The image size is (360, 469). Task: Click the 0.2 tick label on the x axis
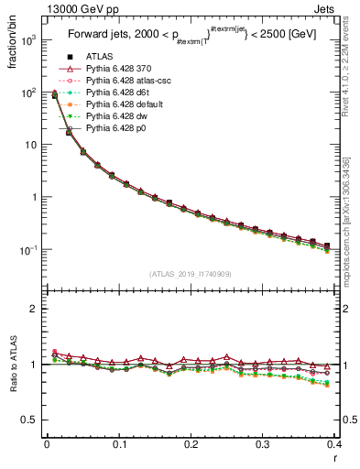click(x=191, y=444)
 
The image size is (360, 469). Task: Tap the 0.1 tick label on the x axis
click(x=119, y=444)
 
